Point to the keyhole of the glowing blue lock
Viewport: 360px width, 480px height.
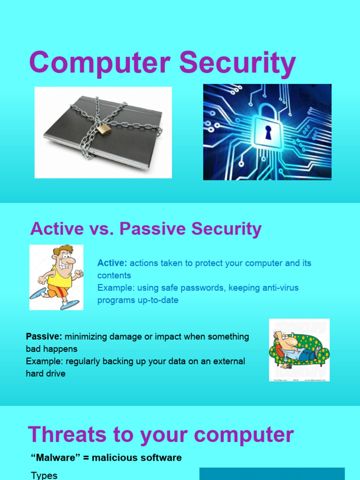268,133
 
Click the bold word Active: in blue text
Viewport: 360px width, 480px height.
112,263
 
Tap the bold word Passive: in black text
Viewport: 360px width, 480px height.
44,337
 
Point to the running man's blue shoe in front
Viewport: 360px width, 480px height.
70,304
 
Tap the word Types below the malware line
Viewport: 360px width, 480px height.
44,475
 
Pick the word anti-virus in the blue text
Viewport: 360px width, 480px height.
277,287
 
